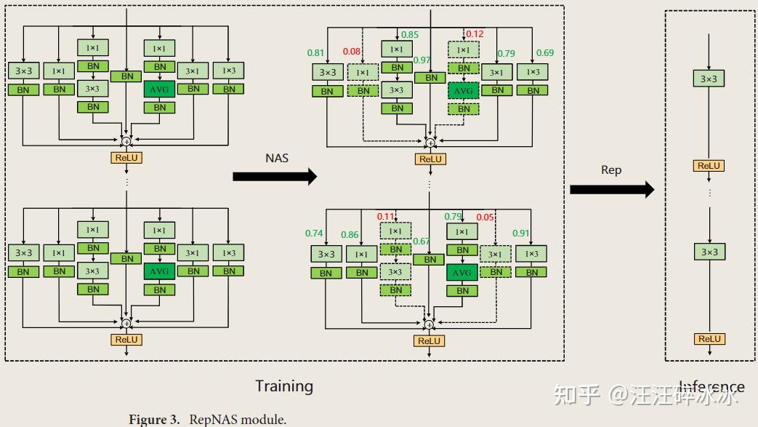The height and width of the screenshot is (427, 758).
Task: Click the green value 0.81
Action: (x=315, y=53)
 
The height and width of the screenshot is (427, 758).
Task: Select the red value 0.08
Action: (x=352, y=51)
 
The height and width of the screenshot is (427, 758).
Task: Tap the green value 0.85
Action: (x=410, y=34)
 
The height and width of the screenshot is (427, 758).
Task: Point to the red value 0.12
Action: (x=475, y=34)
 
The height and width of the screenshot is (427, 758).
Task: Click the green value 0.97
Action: (x=422, y=60)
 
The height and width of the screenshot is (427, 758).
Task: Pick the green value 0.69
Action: (x=544, y=53)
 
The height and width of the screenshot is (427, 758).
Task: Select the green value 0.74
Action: (x=314, y=234)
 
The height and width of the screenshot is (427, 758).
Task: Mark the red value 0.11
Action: (x=386, y=217)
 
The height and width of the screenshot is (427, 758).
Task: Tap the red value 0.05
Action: (x=485, y=217)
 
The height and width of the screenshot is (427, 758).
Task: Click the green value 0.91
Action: (x=520, y=234)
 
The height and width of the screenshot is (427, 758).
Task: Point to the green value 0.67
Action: (x=422, y=242)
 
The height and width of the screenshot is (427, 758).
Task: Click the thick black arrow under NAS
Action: (x=275, y=176)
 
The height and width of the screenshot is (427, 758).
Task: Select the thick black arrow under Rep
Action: (x=611, y=190)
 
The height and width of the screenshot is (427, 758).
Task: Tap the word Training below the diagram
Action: (x=284, y=386)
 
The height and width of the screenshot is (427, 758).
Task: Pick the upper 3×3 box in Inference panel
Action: (x=709, y=79)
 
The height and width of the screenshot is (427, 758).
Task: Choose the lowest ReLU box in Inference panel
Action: (x=709, y=339)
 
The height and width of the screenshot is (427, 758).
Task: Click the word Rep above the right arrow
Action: (x=611, y=169)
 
